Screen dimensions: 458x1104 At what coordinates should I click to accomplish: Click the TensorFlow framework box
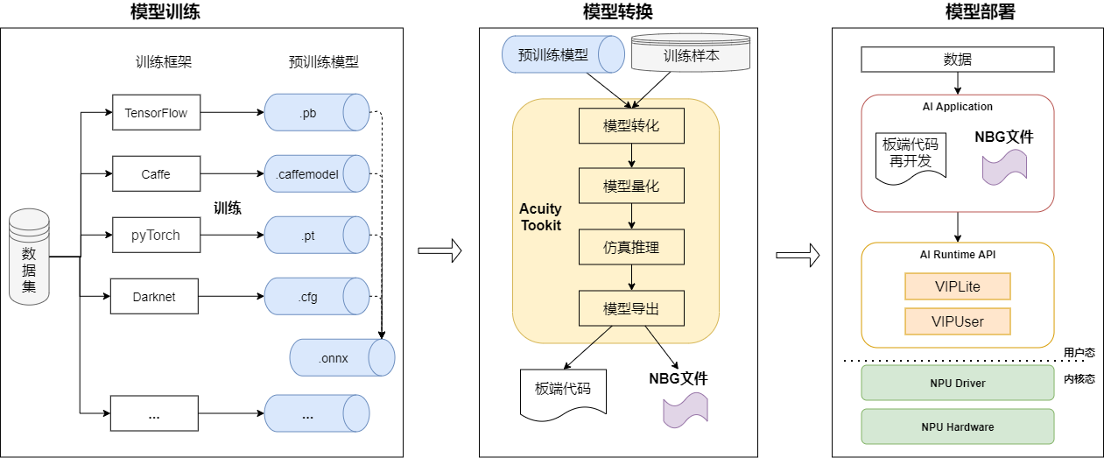point(156,113)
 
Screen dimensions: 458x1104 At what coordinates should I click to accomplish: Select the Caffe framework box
point(156,174)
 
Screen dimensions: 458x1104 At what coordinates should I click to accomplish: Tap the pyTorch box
point(156,235)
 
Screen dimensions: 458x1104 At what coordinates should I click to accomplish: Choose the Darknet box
point(154,296)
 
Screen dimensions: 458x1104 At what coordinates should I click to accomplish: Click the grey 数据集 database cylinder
point(29,257)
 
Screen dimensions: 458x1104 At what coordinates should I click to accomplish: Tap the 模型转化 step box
point(631,126)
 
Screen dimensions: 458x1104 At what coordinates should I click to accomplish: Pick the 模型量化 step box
point(631,187)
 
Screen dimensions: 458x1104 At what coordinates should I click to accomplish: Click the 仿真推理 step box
point(631,248)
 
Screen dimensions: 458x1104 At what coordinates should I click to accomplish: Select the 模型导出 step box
point(631,309)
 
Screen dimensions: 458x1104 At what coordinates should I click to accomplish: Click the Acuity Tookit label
point(540,217)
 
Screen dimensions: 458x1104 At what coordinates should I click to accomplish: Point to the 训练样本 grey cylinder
point(691,54)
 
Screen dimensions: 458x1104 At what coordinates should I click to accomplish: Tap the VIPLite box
point(957,286)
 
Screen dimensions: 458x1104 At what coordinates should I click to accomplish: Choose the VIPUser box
point(957,321)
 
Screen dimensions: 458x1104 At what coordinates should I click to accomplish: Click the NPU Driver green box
point(957,383)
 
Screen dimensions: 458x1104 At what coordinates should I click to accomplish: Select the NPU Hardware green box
point(957,426)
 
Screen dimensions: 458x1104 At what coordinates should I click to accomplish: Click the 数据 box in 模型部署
point(957,60)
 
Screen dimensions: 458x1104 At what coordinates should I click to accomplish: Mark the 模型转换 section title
point(617,11)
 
